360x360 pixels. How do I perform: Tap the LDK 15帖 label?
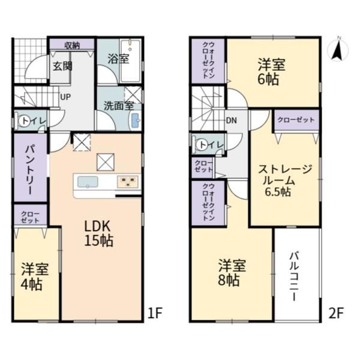[x=99, y=233]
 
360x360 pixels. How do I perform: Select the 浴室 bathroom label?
[x=118, y=59]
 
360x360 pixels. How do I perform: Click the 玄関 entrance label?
[x=62, y=66]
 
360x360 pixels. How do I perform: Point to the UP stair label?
[x=65, y=97]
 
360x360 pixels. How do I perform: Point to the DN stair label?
[x=231, y=121]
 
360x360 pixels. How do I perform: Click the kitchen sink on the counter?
[x=88, y=182]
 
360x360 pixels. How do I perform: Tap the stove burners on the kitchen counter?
[x=128, y=182]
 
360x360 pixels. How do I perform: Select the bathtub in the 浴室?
[x=130, y=61]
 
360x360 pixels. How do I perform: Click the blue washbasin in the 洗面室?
[x=136, y=121]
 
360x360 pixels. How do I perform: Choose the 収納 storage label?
[x=72, y=46]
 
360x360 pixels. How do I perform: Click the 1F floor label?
[x=155, y=313]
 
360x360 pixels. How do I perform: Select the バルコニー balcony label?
[x=294, y=277]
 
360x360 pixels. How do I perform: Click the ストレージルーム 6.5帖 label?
[x=285, y=181]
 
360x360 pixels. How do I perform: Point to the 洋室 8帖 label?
[x=232, y=272]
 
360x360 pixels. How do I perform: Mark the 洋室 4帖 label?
[x=35, y=277]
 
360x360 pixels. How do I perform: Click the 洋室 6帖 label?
[x=271, y=72]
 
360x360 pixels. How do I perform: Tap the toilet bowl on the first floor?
[x=23, y=121]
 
